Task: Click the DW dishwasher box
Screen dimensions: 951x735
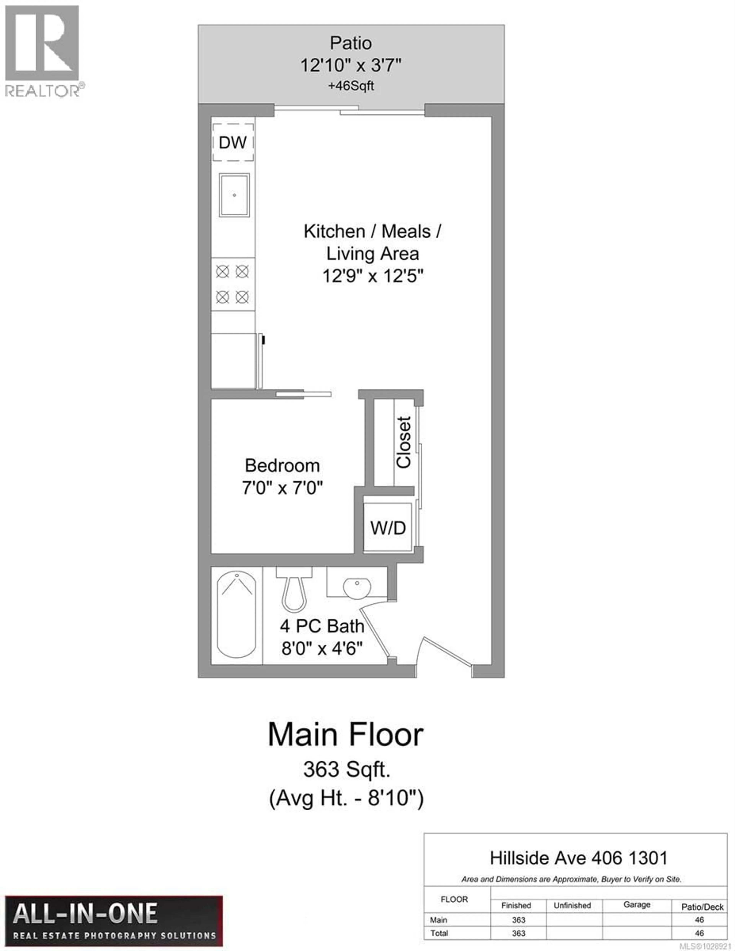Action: pyautogui.click(x=233, y=142)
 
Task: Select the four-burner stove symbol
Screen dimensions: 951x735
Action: pyautogui.click(x=233, y=284)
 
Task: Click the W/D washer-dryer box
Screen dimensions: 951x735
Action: pyautogui.click(x=388, y=528)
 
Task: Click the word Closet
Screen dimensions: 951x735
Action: pyautogui.click(x=403, y=442)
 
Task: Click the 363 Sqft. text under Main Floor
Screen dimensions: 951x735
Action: pyautogui.click(x=346, y=769)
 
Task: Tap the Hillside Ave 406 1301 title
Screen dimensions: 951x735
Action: pyautogui.click(x=578, y=858)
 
